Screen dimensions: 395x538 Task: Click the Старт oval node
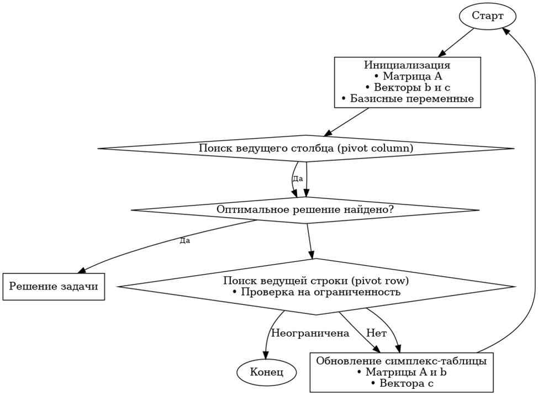click(x=487, y=16)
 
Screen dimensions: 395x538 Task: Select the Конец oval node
click(x=266, y=372)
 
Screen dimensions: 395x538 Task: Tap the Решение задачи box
click(x=54, y=286)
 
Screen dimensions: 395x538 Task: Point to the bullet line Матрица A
click(x=407, y=77)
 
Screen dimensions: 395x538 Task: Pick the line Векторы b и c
click(x=407, y=88)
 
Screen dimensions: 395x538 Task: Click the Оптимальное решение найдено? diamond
click(x=305, y=210)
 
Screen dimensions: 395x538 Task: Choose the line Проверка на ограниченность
click(x=317, y=292)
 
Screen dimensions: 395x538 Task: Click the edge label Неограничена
click(x=310, y=333)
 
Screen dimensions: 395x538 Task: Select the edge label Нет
click(x=376, y=333)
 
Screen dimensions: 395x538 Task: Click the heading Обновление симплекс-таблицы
click(x=401, y=361)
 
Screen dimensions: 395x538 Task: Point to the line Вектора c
click(x=401, y=383)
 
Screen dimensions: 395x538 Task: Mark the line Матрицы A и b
click(x=401, y=372)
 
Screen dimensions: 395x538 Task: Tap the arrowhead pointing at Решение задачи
click(x=81, y=270)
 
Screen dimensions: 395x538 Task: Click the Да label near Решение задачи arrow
click(x=184, y=241)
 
